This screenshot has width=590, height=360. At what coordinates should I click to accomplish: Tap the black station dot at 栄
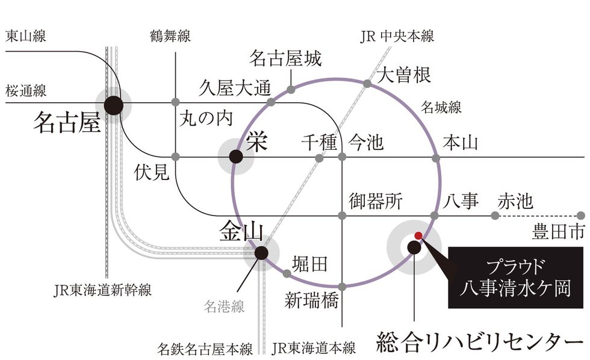(237, 157)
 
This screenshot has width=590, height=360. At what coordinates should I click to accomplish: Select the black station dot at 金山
(261, 253)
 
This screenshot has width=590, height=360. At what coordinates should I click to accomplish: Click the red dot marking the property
(418, 235)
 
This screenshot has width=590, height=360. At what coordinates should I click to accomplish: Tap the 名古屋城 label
(285, 59)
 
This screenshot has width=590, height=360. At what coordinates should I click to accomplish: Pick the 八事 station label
(461, 200)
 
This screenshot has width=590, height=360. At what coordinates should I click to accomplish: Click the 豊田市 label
(559, 230)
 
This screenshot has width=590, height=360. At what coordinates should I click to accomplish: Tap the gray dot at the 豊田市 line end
(580, 215)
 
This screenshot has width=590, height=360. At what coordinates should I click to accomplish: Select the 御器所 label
(375, 201)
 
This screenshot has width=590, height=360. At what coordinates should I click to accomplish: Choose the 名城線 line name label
(441, 108)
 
